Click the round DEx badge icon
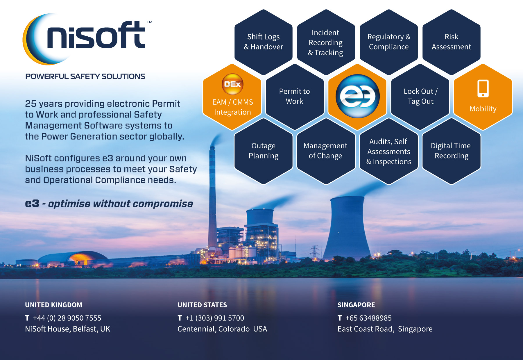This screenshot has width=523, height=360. point(232,84)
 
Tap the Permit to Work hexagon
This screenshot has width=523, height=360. point(295,97)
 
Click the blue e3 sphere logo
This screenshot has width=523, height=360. point(357,96)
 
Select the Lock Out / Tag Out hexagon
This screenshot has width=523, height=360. point(420,97)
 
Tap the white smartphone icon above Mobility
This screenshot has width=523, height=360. point(483,88)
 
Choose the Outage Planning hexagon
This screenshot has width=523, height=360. point(264,151)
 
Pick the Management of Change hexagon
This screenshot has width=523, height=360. point(326,151)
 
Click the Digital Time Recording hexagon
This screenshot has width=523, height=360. point(451,151)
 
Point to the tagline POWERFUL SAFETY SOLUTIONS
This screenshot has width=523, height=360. point(85,76)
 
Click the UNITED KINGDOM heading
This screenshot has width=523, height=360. point(53,305)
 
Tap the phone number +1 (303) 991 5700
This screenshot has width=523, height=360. point(215,318)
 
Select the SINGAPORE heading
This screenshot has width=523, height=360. point(356,305)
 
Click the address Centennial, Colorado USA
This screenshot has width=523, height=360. point(222,329)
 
